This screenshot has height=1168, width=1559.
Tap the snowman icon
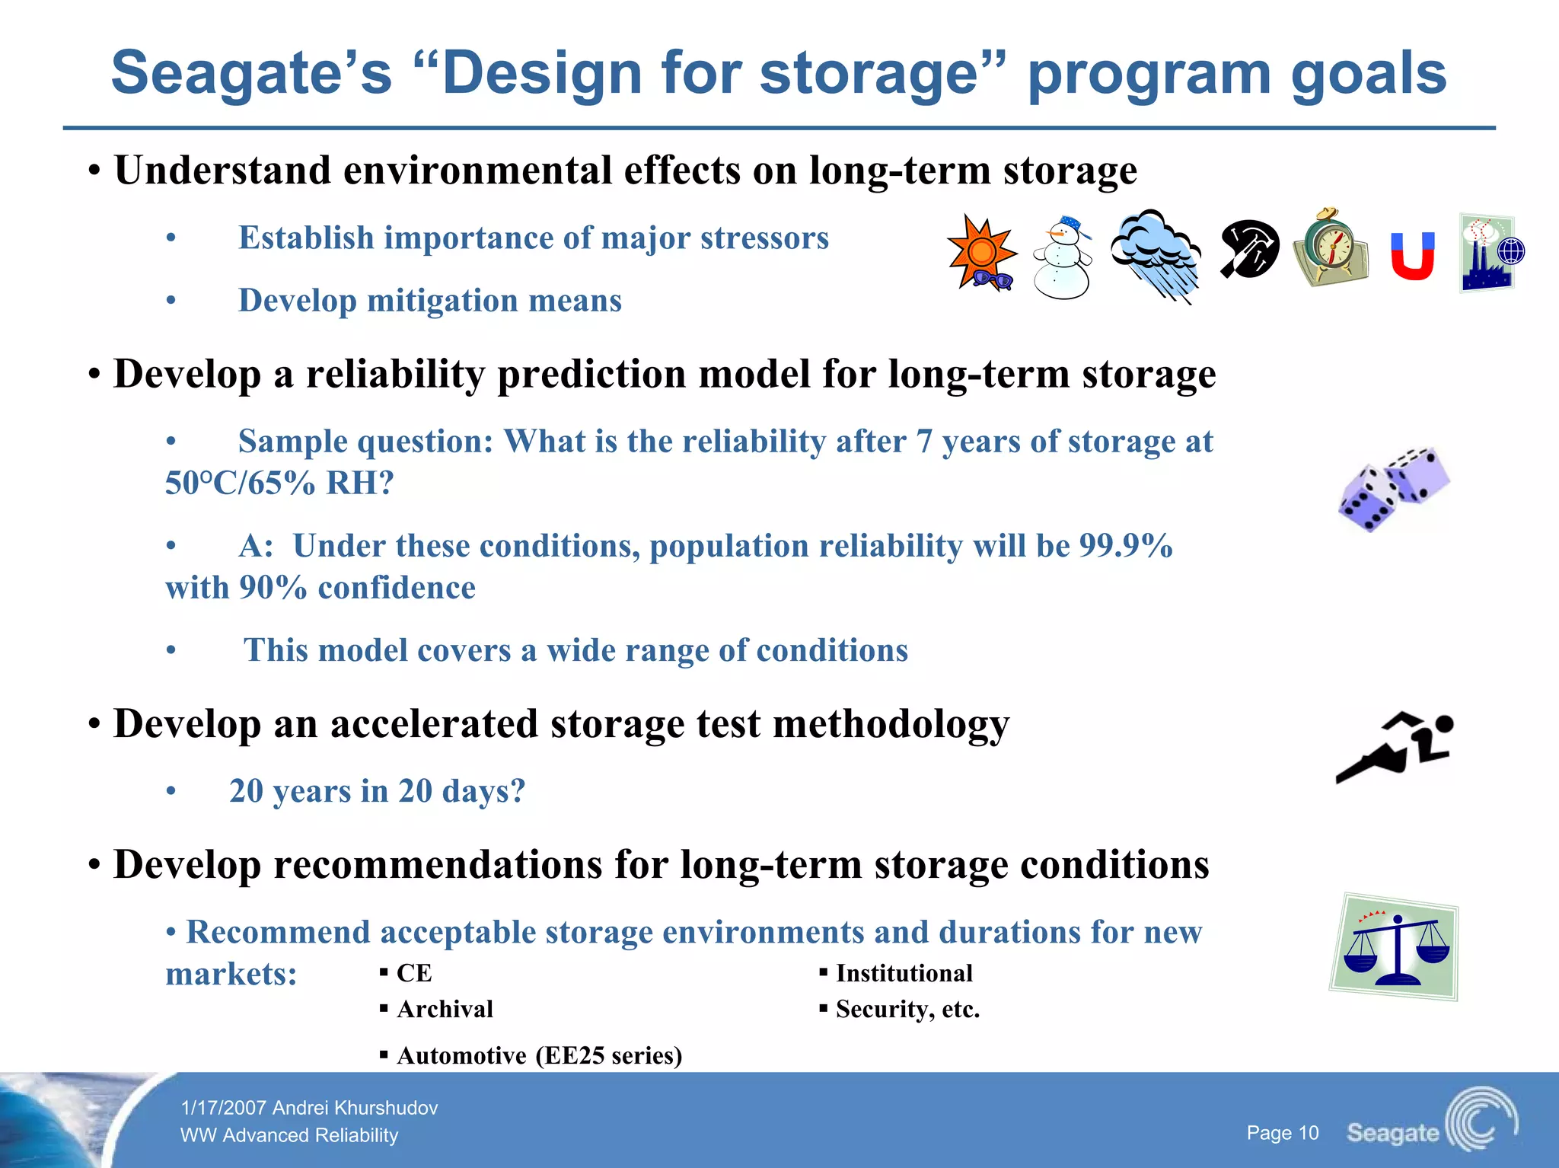(1062, 257)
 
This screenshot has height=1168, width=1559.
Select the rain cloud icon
(1156, 255)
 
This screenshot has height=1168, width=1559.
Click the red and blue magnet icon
(1413, 256)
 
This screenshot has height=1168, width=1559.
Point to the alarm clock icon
(1331, 248)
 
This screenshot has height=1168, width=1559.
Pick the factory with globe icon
(1490, 253)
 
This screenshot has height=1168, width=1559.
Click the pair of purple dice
(1394, 489)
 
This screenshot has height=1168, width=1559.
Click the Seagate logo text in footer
(1392, 1132)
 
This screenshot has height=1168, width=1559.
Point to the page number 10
(1282, 1133)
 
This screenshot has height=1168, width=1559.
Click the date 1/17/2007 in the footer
(223, 1108)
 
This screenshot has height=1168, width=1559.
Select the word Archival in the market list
(445, 1009)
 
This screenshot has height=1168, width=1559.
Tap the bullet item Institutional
(904, 973)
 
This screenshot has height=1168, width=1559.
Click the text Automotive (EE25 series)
(539, 1055)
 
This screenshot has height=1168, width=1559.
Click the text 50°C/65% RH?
(279, 483)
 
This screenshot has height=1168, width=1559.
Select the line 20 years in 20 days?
(377, 791)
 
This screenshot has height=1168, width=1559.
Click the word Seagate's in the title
(251, 73)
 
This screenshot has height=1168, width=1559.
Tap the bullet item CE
(414, 973)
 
